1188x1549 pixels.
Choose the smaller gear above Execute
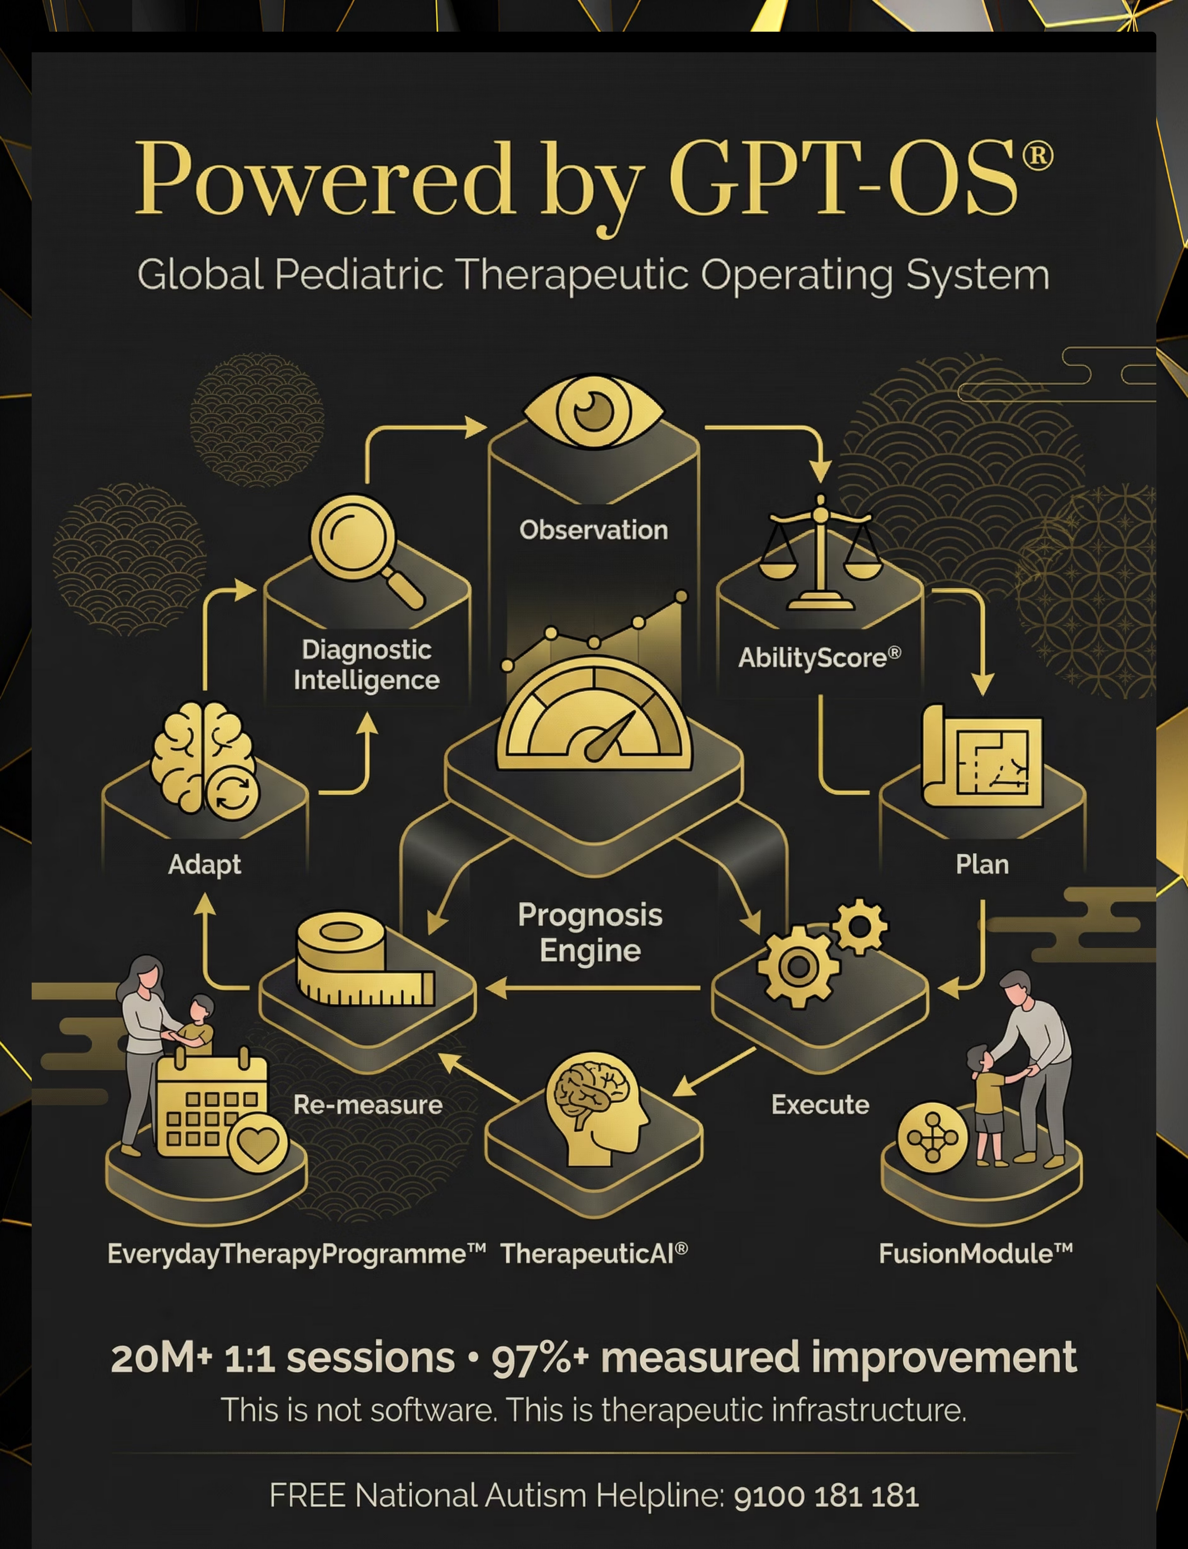pyautogui.click(x=859, y=926)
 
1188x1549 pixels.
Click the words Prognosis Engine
pyautogui.click(x=591, y=932)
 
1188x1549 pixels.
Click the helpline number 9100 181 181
pyautogui.click(x=826, y=1496)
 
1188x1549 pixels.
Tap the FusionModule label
pyautogui.click(x=976, y=1253)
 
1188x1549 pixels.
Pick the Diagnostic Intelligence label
pyautogui.click(x=366, y=665)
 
